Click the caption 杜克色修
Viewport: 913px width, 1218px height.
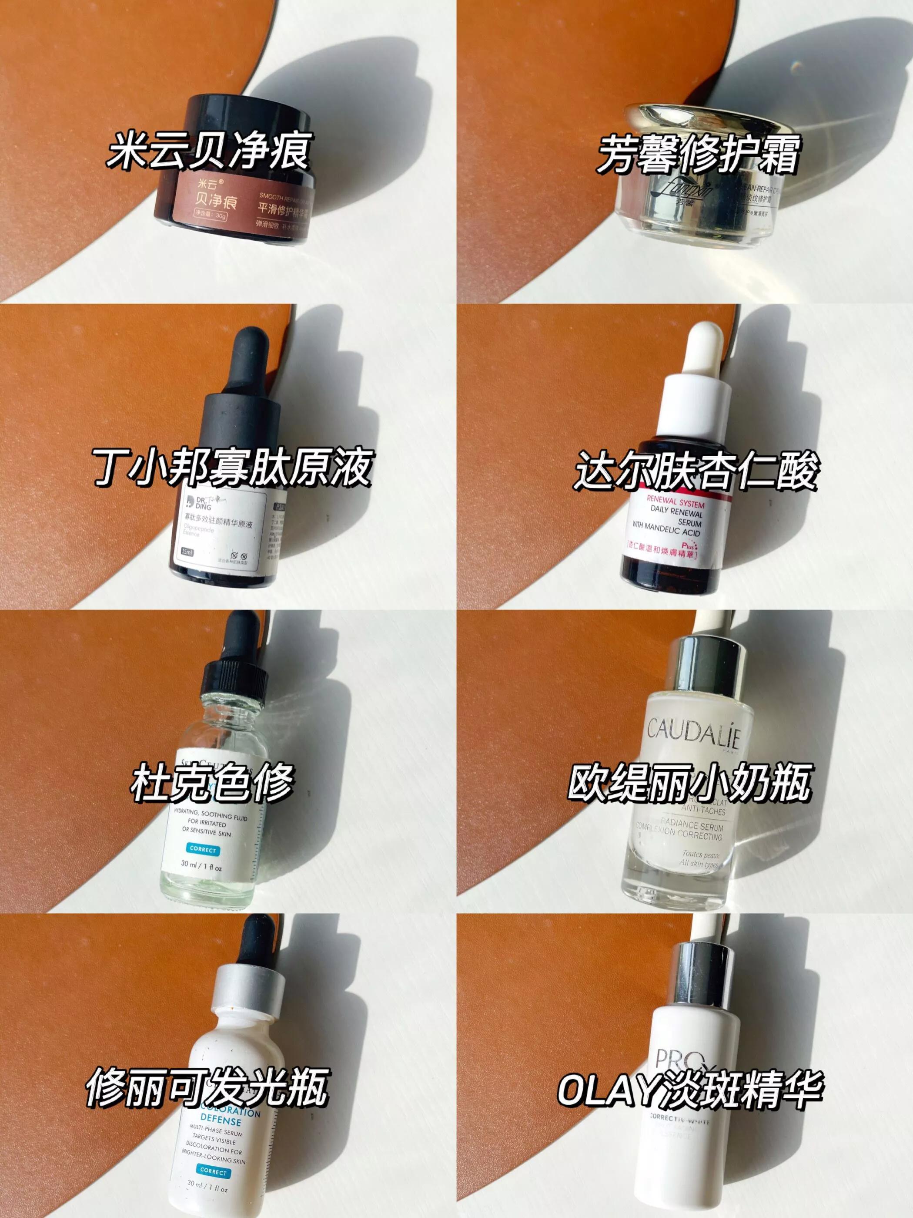(x=212, y=782)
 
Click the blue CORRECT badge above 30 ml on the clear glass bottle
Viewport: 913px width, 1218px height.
(x=203, y=849)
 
